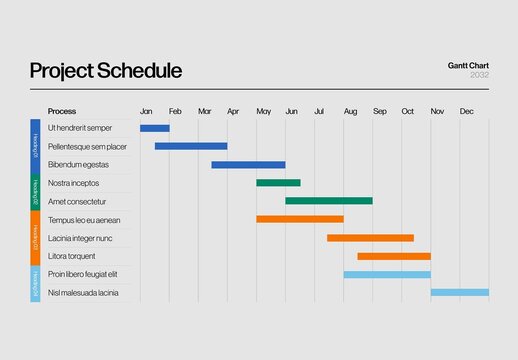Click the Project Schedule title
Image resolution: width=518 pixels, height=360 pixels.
point(105,71)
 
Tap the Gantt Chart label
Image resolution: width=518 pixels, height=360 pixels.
point(468,66)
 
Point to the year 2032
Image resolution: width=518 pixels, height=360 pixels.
point(479,76)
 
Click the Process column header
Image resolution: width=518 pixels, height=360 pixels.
point(62,111)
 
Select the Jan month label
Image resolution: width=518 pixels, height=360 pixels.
point(146,111)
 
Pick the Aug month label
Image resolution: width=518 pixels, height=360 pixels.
point(350,111)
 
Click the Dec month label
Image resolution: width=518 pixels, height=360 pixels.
point(466,111)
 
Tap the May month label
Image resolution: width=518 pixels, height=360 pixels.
point(263,111)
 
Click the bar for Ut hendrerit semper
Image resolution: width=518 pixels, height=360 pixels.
point(155,128)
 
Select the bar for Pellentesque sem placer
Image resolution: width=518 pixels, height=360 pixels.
point(191,146)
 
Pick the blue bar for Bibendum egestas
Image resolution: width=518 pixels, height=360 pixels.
point(248,164)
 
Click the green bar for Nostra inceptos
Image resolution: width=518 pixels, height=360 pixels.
point(278,183)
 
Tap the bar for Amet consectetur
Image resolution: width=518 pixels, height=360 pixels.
point(328,201)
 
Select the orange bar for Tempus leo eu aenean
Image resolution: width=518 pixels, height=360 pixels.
point(300,219)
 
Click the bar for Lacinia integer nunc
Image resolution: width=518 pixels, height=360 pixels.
point(370,238)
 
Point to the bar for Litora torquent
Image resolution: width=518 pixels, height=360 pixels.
point(394,256)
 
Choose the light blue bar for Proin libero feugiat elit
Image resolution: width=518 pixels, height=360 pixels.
point(387,274)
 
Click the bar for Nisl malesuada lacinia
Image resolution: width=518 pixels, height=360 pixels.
point(460,293)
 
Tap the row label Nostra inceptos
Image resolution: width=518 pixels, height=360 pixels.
point(74,183)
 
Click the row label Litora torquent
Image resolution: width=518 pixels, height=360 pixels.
point(71,256)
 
